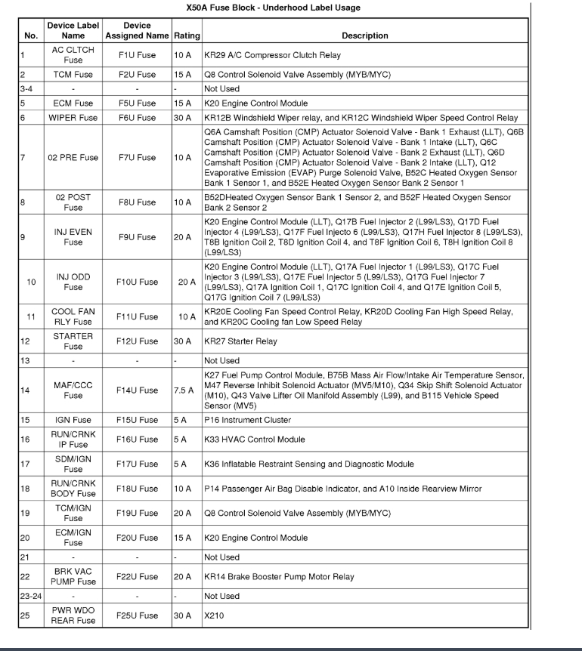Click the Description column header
(x=364, y=35)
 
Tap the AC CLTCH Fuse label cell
(x=73, y=55)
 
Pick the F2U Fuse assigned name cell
(x=136, y=75)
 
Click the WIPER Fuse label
(x=73, y=118)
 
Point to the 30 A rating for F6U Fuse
(x=184, y=118)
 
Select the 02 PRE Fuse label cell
(x=73, y=158)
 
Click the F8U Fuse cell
(x=136, y=202)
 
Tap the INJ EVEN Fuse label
(x=73, y=237)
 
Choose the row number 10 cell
(x=31, y=282)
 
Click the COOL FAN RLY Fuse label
(x=73, y=316)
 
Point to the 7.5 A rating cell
(x=184, y=390)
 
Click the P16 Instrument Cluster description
(x=247, y=420)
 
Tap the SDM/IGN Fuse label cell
(x=73, y=464)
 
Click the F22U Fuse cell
(x=136, y=576)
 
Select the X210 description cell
(x=215, y=616)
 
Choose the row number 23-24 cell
(x=33, y=596)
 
